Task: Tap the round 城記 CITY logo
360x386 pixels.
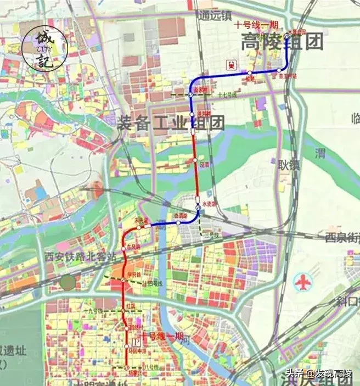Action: point(45,47)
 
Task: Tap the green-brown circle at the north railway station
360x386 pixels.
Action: point(68,283)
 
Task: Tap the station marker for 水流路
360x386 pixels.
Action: point(198,207)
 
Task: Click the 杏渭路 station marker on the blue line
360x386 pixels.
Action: point(178,223)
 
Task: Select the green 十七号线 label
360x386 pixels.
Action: point(227,95)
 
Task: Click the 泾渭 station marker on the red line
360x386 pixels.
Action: point(195,160)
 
